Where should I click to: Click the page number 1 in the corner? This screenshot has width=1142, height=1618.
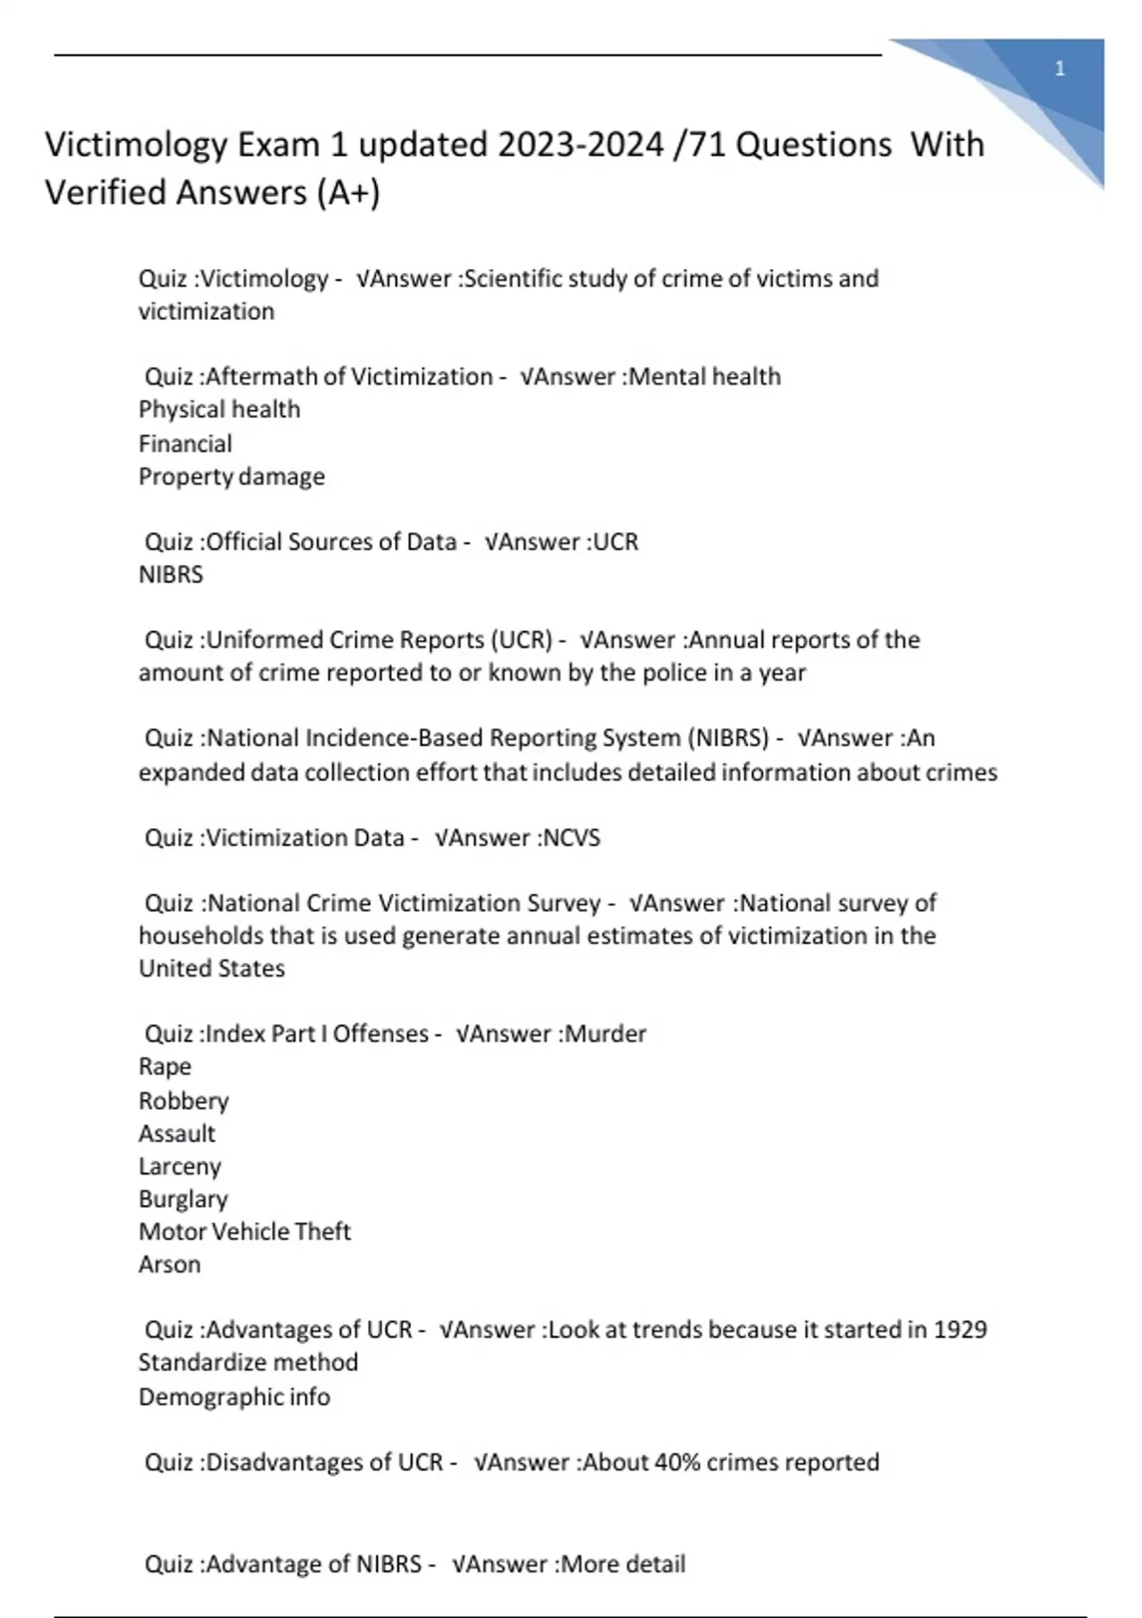[1059, 69]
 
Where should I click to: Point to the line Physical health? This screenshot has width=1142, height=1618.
[219, 409]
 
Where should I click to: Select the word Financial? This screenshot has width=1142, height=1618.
[185, 444]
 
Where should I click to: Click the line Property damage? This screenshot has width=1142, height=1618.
[231, 476]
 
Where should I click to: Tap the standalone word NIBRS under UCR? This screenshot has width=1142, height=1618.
[170, 575]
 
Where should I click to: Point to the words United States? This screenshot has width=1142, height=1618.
[211, 969]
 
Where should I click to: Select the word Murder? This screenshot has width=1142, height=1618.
[605, 1034]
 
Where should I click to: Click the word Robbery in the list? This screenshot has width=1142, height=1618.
[184, 1101]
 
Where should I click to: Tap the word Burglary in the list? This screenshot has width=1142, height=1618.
[183, 1199]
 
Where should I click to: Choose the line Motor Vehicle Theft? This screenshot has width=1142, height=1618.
[245, 1232]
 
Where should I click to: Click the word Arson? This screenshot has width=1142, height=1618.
[169, 1265]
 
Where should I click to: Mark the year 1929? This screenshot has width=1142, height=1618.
[959, 1330]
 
